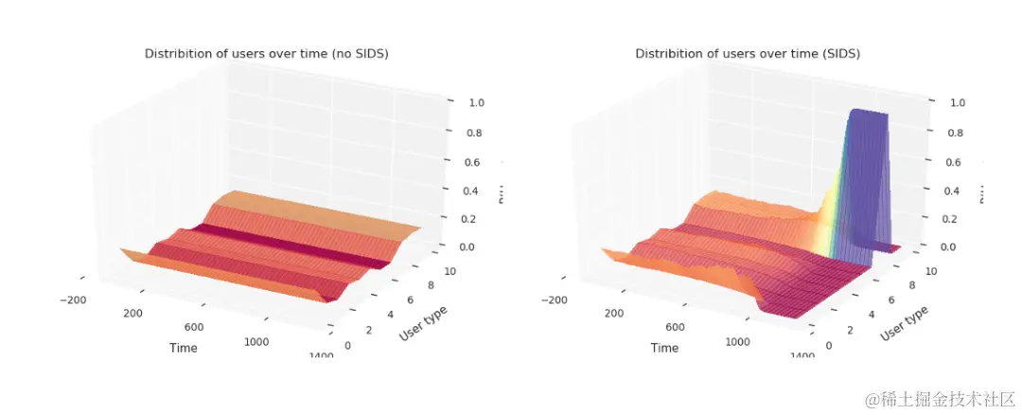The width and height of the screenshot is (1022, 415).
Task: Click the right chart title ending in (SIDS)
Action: (x=748, y=54)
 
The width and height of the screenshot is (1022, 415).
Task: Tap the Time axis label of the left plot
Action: (x=184, y=348)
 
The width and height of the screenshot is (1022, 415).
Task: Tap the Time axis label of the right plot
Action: (x=664, y=348)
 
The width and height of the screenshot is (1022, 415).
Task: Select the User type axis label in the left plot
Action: (x=423, y=323)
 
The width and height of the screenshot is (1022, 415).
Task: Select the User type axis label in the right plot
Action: (x=905, y=323)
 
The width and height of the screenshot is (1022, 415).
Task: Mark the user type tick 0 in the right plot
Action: (x=829, y=346)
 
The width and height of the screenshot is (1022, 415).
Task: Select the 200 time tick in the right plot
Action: (x=614, y=313)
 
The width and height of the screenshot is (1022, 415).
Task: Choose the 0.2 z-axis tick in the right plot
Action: (x=956, y=220)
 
